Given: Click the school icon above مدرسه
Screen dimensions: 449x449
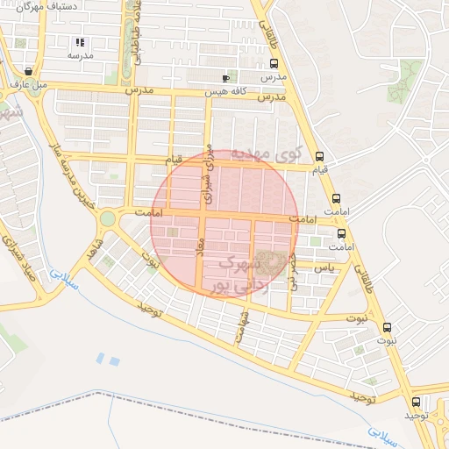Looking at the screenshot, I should tap(80, 42).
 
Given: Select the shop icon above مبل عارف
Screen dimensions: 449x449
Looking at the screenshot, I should tap(31, 71).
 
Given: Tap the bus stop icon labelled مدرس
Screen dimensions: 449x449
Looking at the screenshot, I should tap(274, 63).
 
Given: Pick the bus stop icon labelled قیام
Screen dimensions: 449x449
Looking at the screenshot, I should tap(319, 153).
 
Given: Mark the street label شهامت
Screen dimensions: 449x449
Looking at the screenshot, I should tap(241, 327).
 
